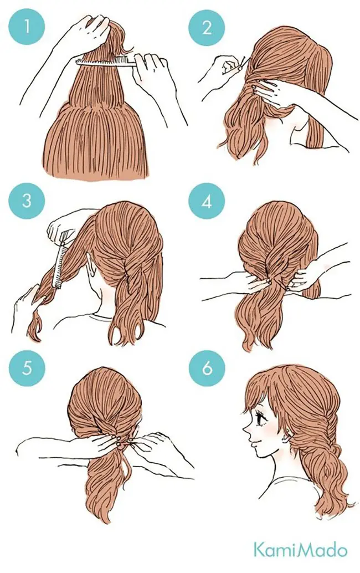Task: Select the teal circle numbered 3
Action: pos(27,201)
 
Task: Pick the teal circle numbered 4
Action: pos(207,201)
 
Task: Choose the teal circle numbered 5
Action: pos(27,368)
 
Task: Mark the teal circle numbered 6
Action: pos(207,368)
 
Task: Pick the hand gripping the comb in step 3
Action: pos(62,225)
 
